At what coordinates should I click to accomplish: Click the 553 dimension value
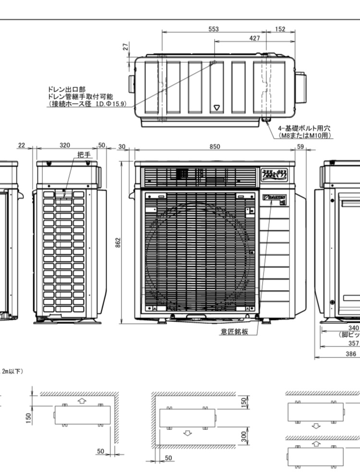coord(214,29)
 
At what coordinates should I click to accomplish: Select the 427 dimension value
coord(255,38)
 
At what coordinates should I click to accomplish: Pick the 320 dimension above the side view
coord(65,146)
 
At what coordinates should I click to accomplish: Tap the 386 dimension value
coord(351,354)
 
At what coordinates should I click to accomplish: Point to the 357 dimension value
coord(353,343)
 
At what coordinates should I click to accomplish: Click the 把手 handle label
coord(84,154)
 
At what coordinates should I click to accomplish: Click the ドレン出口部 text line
coord(67,89)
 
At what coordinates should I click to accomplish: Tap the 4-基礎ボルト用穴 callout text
coord(304,129)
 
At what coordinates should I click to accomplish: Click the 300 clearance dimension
coord(243,436)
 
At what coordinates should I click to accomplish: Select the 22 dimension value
coord(21,146)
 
